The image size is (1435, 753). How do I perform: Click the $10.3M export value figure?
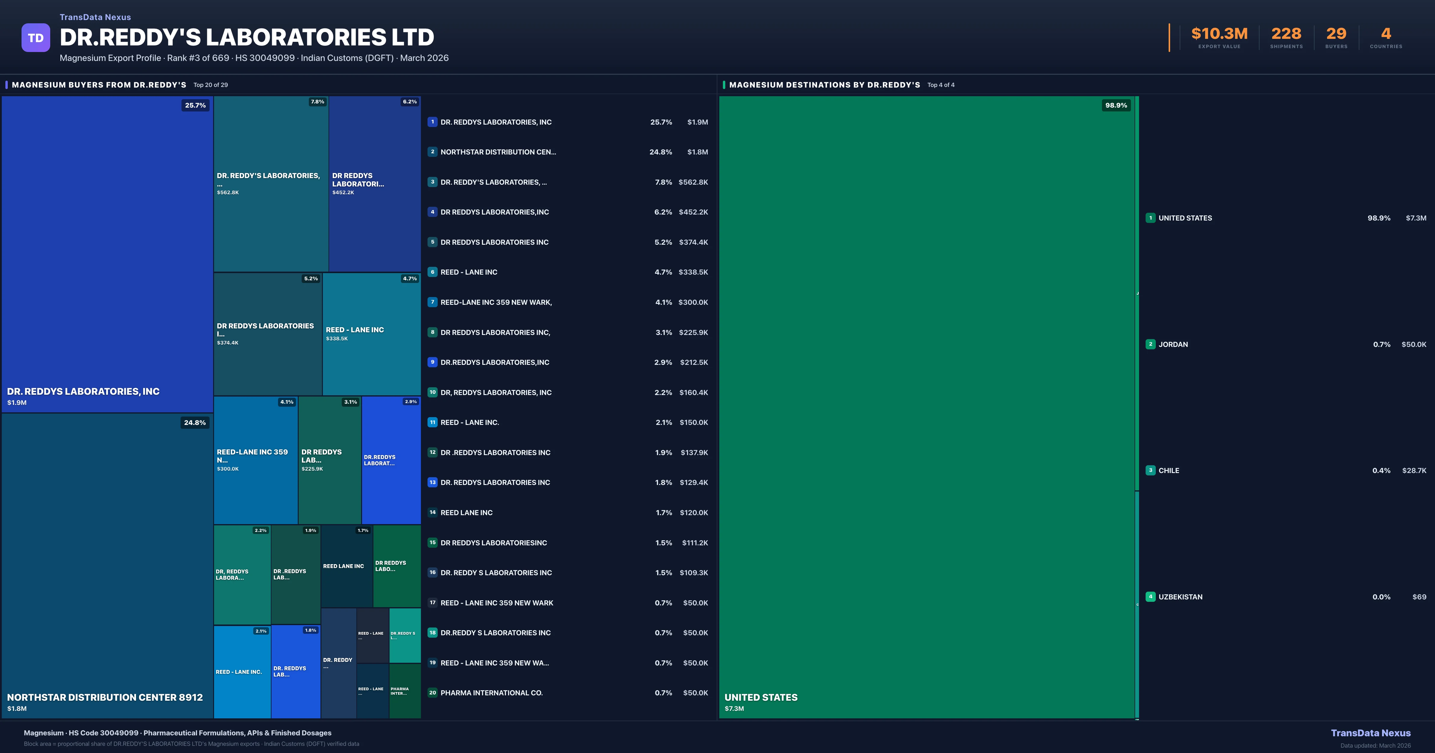[1219, 34]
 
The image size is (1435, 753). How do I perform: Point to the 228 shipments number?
[1286, 34]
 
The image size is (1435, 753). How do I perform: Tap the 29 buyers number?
[1336, 34]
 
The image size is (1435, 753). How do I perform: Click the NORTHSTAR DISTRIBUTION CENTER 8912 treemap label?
[105, 697]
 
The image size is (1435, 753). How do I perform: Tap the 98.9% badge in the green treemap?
[1116, 105]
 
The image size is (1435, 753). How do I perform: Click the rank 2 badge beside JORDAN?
[1150, 344]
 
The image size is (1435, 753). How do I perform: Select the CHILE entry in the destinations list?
[1169, 471]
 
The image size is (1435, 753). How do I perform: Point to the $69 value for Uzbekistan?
[1419, 597]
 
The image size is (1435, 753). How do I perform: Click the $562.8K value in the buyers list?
[693, 182]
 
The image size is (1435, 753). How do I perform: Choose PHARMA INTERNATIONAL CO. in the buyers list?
[491, 693]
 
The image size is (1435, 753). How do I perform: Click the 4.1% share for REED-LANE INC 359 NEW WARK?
[663, 302]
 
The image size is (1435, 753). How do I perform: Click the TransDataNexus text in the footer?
[1370, 733]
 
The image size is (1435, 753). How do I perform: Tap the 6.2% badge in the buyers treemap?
[410, 102]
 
